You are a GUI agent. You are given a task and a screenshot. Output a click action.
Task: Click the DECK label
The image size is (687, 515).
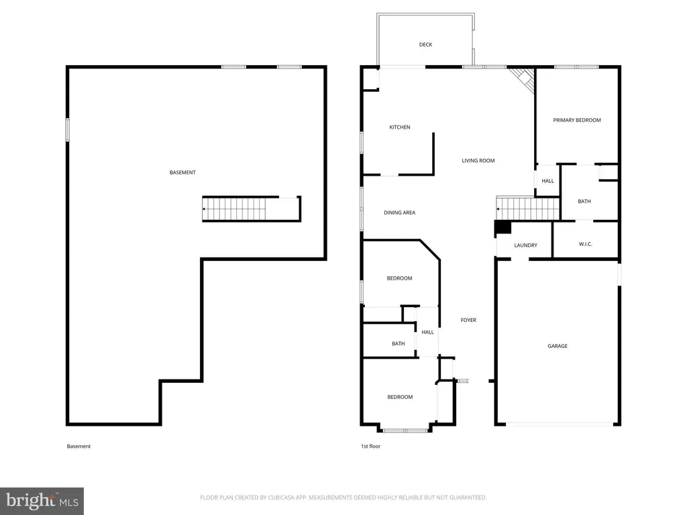(425, 45)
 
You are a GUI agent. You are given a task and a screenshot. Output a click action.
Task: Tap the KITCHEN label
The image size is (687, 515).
(400, 127)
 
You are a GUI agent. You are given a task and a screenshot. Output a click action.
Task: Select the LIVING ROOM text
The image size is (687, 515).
(478, 161)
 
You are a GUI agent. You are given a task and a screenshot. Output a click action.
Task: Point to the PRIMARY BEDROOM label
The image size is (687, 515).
(576, 120)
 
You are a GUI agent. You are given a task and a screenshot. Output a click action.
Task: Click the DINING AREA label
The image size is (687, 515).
(399, 213)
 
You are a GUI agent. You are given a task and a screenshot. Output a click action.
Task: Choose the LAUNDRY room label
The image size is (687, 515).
(525, 245)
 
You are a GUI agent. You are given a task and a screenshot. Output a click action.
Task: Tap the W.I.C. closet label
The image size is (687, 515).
(585, 244)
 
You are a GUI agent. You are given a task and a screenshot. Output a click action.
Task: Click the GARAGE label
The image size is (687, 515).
(558, 346)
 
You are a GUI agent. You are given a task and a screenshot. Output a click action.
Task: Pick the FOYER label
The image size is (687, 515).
(468, 320)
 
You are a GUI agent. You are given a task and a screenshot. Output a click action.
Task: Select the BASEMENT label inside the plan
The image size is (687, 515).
(182, 172)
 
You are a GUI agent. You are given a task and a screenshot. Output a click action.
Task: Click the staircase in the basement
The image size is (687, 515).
(234, 209)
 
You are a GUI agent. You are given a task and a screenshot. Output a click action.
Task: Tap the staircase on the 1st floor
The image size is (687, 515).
(528, 209)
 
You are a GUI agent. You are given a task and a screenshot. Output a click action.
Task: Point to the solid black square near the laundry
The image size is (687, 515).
(503, 228)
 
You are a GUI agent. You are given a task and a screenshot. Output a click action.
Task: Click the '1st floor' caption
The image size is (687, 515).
(370, 446)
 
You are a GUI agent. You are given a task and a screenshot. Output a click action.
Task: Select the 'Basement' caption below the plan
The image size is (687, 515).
(78, 446)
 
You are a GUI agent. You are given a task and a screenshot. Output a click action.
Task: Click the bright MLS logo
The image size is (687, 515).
(42, 501)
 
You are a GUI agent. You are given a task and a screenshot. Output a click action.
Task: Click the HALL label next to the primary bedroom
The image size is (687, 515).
(547, 181)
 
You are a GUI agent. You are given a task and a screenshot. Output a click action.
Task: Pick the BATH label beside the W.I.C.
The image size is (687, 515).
(584, 201)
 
